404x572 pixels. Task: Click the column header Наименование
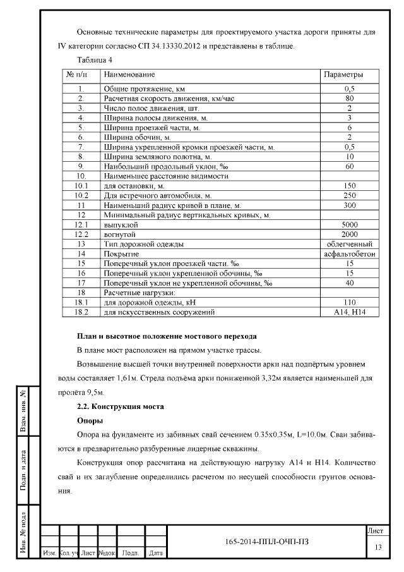pyautogui.click(x=129, y=75)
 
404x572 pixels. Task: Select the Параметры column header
pyautogui.click(x=343, y=75)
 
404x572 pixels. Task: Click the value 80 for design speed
pyautogui.click(x=349, y=99)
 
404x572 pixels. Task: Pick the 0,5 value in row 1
pyautogui.click(x=349, y=89)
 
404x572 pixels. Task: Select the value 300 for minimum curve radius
pyautogui.click(x=349, y=205)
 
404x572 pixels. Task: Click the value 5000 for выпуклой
pyautogui.click(x=349, y=224)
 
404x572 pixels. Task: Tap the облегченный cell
pyautogui.click(x=349, y=243)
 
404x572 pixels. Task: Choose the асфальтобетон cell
pyautogui.click(x=349, y=253)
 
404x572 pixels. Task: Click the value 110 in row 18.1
pyautogui.click(x=349, y=303)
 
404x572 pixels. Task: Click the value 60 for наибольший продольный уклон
pyautogui.click(x=349, y=166)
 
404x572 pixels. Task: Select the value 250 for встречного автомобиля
pyautogui.click(x=349, y=196)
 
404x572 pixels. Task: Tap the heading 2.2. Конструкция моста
pyautogui.click(x=120, y=406)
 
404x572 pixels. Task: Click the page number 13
pyautogui.click(x=378, y=547)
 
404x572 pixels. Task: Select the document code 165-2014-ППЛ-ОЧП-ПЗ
pyautogui.click(x=267, y=542)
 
